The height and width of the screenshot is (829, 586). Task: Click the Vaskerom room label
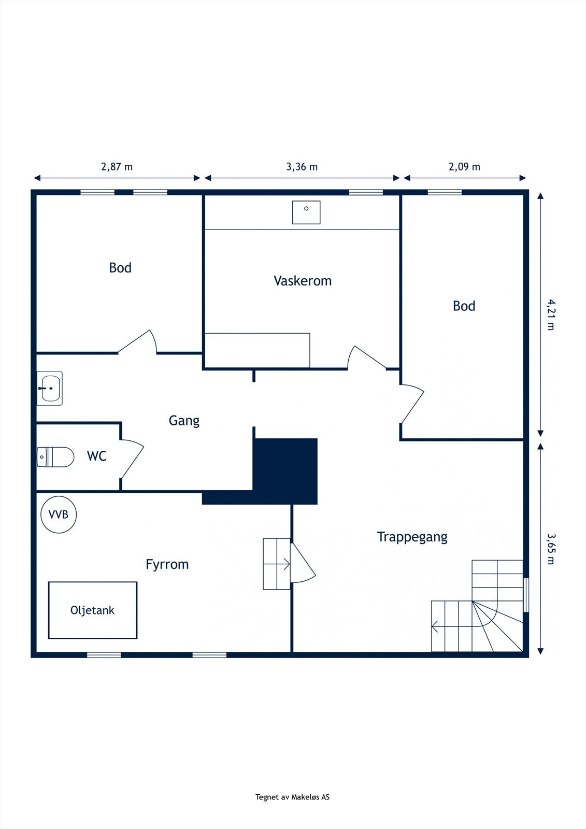[x=303, y=281]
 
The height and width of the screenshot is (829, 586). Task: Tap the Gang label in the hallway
[x=184, y=421]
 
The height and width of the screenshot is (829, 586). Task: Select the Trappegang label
[x=412, y=537]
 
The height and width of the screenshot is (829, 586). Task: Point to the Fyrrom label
[x=167, y=564]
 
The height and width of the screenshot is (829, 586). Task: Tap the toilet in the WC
[x=55, y=457]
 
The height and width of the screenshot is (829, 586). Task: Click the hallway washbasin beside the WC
[x=50, y=388]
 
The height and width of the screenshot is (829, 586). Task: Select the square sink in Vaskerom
[x=306, y=212]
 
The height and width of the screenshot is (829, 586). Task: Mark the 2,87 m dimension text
[x=117, y=167]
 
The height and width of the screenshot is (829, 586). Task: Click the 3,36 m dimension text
[x=302, y=167]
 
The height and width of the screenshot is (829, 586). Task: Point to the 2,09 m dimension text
[x=464, y=167]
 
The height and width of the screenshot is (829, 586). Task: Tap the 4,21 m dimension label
[x=551, y=315]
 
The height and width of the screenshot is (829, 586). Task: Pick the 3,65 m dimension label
[x=551, y=549]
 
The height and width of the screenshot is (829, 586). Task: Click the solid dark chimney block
[x=285, y=471]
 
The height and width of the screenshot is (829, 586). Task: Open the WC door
[x=132, y=459]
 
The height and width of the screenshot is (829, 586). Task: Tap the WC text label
[x=96, y=456]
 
